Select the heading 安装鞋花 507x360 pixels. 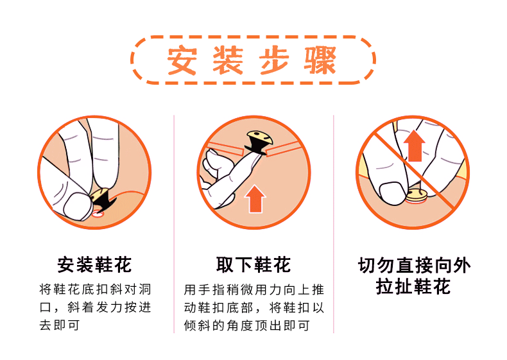pyautogui.click(x=94, y=264)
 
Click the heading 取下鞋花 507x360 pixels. pyautogui.click(x=253, y=264)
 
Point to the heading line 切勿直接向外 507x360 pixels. pyautogui.click(x=414, y=265)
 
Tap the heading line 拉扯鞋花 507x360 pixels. pyautogui.click(x=414, y=286)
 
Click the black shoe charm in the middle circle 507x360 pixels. pyautogui.click(x=259, y=141)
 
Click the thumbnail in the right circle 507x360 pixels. pyautogui.click(x=390, y=191)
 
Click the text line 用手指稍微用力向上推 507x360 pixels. pyautogui.click(x=253, y=289)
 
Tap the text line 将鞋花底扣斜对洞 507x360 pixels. pyautogui.click(x=94, y=289)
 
